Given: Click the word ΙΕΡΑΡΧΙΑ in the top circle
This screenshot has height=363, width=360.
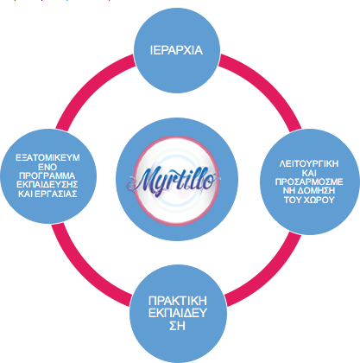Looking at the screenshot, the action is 176,50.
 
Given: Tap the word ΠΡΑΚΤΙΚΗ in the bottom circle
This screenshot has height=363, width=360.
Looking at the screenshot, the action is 178,301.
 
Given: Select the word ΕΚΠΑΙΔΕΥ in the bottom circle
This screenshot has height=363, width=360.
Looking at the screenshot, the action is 178,313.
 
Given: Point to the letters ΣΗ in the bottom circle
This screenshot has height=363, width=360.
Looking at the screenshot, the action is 177,326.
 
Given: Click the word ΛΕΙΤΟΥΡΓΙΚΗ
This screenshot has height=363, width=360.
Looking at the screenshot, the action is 309,163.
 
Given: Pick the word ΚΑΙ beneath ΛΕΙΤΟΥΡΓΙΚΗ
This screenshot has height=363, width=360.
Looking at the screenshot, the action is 309,173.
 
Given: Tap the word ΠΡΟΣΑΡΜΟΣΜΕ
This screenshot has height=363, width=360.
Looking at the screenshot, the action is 309,181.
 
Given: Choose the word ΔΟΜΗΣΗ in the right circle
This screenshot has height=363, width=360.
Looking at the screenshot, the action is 317,191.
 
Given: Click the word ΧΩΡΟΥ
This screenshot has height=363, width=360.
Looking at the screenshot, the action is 318,200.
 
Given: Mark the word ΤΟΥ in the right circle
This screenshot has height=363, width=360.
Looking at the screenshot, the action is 292,200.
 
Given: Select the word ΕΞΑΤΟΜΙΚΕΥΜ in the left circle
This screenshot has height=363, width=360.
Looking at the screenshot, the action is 47,158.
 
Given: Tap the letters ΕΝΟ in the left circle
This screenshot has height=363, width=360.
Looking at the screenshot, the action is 47,167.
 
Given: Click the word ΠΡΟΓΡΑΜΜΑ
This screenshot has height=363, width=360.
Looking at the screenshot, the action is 47,175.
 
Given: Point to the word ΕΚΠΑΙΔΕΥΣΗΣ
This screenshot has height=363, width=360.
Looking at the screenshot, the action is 47,185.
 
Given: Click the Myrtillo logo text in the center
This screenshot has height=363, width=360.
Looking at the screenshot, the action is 174,180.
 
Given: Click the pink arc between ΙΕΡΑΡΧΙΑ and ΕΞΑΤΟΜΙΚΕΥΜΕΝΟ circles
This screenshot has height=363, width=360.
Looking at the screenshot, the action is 88,86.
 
